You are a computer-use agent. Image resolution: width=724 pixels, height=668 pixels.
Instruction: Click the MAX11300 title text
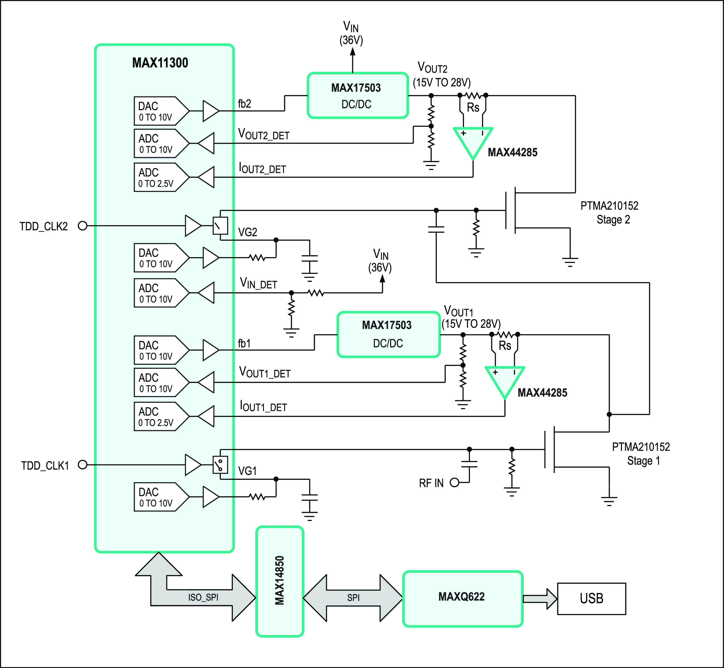coord(160,63)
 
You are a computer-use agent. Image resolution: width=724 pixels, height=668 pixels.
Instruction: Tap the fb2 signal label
coord(244,104)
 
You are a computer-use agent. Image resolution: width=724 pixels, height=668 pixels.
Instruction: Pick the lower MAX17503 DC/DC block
coord(388,334)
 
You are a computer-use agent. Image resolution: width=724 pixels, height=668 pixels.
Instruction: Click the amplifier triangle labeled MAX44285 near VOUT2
coord(473,141)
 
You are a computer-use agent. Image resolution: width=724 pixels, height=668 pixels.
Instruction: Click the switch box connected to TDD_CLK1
coord(220,465)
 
